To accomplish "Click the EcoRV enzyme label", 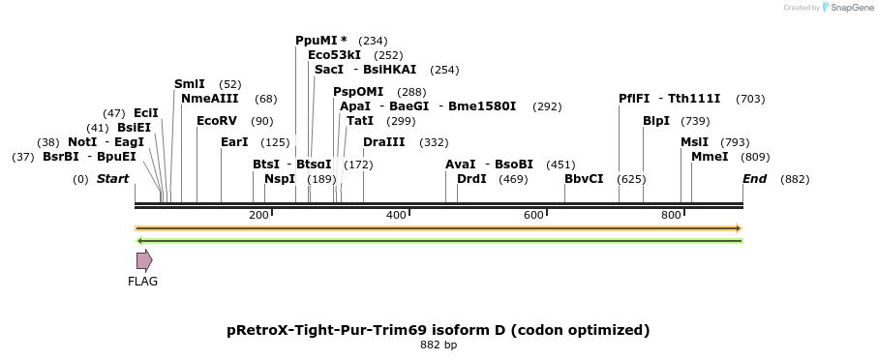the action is tap(216, 121).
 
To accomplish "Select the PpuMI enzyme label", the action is tap(317, 41).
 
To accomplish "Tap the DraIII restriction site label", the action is tap(384, 142).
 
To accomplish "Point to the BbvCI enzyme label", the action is tap(584, 179).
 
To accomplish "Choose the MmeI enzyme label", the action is tap(710, 157).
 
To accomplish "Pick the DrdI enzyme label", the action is tap(472, 179).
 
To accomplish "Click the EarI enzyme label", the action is tap(234, 142).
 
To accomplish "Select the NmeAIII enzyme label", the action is tap(210, 99).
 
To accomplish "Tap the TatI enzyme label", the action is tap(360, 121).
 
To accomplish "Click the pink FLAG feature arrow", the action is tap(144, 260).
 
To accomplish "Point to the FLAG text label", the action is tap(142, 282).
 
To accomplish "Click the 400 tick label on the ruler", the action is tap(395, 214).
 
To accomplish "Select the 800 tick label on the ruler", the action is tap(670, 214).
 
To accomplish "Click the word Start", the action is tap(112, 179).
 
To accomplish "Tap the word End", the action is tap(754, 179).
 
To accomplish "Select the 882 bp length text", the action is tap(439, 345).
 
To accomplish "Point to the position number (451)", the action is tap(560, 165).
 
